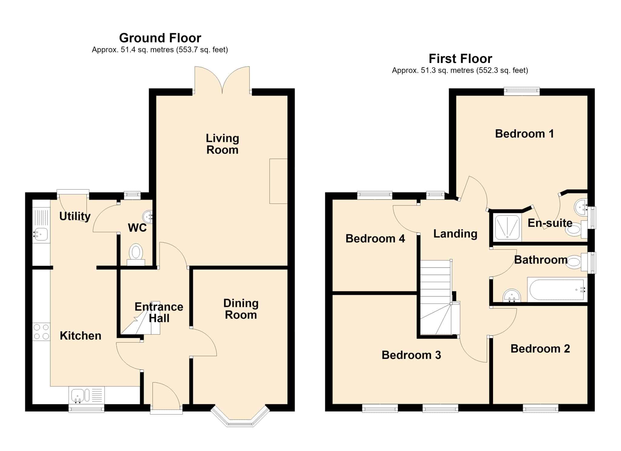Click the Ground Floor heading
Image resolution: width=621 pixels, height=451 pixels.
160,38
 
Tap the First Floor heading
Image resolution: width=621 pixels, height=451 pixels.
460,59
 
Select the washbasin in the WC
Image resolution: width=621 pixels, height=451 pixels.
148,216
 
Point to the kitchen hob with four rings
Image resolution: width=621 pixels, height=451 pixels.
41,332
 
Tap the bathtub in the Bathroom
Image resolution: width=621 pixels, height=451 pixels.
557,290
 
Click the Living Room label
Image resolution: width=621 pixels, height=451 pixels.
223,144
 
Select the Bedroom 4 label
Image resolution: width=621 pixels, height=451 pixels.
375,239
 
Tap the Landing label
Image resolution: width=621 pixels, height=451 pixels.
455,234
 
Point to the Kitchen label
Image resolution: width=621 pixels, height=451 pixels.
80,336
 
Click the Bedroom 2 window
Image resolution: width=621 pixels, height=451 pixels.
541,409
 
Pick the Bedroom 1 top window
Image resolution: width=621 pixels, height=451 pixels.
522,91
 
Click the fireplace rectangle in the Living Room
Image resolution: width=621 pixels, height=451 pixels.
278,181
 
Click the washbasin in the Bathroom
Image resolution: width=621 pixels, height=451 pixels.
512,296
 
